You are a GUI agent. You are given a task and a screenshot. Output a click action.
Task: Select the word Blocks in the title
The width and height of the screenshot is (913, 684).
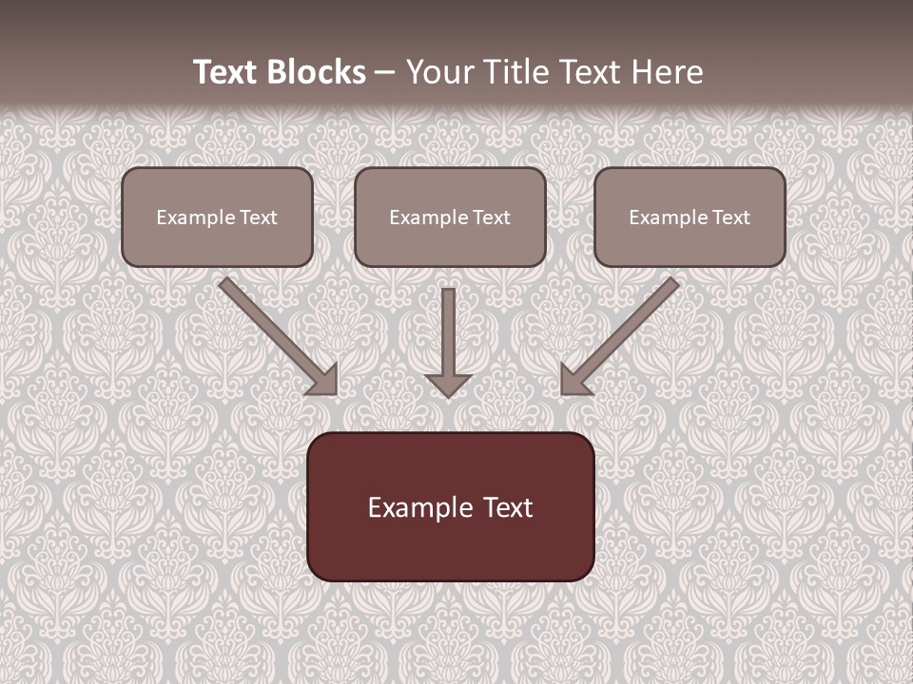(x=318, y=72)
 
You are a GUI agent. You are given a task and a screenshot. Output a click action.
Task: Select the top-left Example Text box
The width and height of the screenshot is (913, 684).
(x=217, y=217)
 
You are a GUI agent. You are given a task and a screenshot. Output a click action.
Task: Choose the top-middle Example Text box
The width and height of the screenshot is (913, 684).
(x=450, y=217)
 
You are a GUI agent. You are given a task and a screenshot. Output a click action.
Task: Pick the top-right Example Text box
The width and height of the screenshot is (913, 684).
(x=690, y=217)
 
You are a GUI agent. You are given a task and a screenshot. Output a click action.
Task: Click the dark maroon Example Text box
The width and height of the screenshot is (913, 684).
(x=451, y=506)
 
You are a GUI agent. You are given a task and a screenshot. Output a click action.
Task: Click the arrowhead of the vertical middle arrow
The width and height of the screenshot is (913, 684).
(x=449, y=385)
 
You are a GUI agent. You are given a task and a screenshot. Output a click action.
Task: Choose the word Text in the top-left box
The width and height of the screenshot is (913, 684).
(x=258, y=218)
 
